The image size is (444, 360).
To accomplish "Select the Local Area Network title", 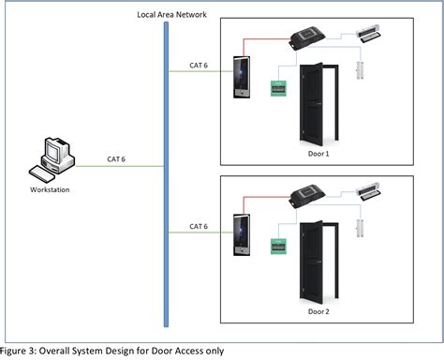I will pos(166,14).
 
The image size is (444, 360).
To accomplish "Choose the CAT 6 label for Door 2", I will pos(198,226).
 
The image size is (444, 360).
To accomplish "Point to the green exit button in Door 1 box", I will pos(278,88).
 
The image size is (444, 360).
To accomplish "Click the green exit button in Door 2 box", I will pos(278,248).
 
